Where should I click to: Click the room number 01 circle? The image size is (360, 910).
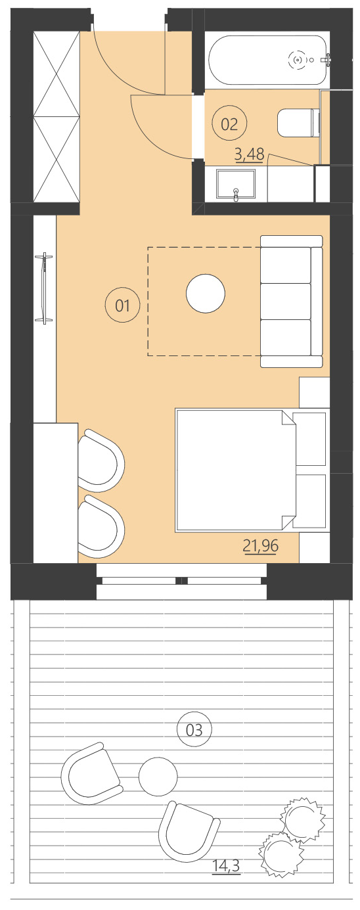click(x=122, y=306)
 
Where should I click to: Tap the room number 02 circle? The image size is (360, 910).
click(x=229, y=124)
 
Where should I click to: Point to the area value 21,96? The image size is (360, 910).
click(x=259, y=545)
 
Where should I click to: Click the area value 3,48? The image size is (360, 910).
click(x=249, y=156)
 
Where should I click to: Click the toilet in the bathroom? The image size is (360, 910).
click(x=297, y=124)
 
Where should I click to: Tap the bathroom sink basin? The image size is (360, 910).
click(x=235, y=184)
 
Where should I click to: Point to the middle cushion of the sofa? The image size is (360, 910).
click(x=286, y=301)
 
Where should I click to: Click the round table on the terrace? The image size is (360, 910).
click(x=158, y=776)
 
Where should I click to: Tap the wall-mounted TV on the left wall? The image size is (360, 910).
click(x=44, y=287)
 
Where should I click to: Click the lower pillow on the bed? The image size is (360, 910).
click(x=310, y=501)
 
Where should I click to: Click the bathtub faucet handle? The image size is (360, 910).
click(x=326, y=60)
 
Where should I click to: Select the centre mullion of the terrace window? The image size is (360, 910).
click(x=182, y=581)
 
